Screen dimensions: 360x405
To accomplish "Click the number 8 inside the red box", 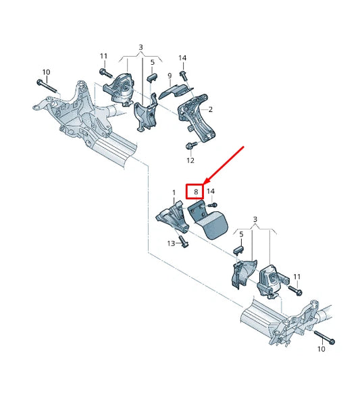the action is point(196,192).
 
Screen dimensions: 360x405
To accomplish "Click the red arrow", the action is point(223,165).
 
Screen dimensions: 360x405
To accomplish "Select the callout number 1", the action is point(174,192).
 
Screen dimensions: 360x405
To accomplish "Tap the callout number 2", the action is point(210,109).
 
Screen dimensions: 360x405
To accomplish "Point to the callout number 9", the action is point(170,76).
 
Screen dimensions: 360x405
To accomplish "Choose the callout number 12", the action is point(190,161).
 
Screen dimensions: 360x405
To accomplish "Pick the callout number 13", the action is point(171,244).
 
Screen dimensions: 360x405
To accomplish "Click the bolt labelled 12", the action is point(191,145).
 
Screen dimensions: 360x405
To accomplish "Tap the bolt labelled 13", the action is point(183,242).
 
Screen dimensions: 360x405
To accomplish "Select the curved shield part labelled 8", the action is point(209,221).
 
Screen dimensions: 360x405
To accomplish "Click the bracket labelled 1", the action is point(172,217).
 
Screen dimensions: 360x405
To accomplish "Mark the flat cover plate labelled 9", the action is point(176,91).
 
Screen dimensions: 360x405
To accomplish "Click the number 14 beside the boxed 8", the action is point(211,192).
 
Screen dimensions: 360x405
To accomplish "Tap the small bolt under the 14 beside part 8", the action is point(213,205).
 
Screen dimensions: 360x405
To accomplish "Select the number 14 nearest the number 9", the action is point(182,58).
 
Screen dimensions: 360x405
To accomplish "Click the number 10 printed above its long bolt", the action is point(46,72).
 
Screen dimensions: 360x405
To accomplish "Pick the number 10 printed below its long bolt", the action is point(321,349).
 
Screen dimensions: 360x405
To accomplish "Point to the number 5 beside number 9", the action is point(153,62).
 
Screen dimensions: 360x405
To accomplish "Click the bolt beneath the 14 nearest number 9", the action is point(184,76).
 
